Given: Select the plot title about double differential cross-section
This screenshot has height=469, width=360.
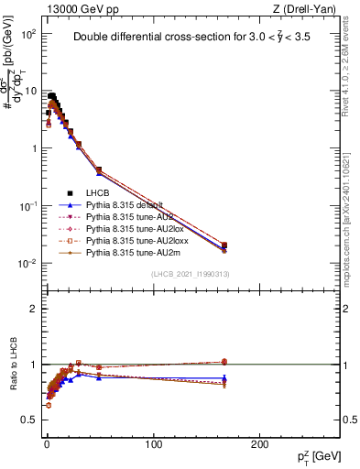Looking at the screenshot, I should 197,38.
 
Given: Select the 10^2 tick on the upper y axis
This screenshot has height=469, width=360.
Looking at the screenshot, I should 29,34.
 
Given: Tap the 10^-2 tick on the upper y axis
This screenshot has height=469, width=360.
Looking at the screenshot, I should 29,264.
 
